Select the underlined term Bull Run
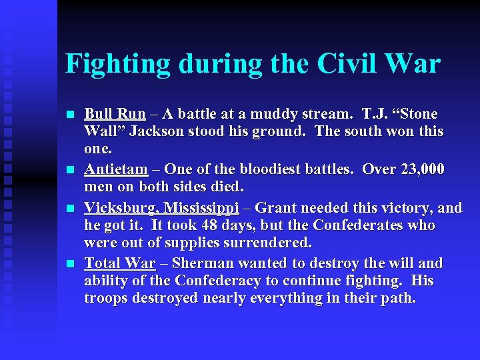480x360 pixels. (x=115, y=114)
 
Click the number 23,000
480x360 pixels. (x=423, y=170)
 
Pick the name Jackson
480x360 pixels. (x=158, y=131)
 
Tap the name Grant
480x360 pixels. (x=275, y=208)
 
